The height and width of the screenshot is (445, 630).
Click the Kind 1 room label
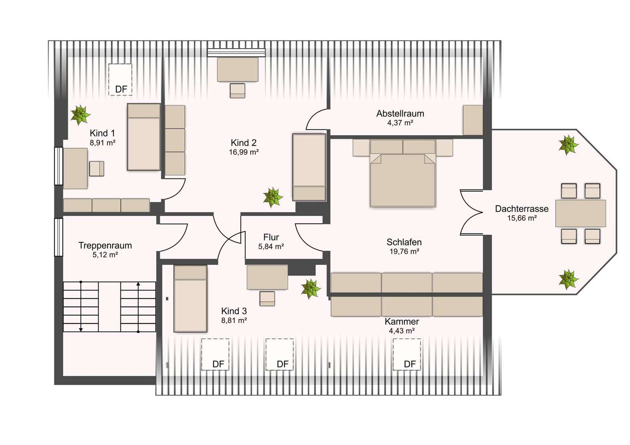(x=102, y=133)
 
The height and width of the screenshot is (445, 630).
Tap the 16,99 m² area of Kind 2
(x=244, y=152)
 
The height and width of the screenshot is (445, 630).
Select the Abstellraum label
(x=400, y=114)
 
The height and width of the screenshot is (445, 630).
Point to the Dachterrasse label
(x=522, y=209)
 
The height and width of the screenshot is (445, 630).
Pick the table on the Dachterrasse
(x=581, y=213)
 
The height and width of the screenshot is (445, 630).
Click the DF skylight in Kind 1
(x=120, y=80)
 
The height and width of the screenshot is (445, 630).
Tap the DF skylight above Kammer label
(x=407, y=354)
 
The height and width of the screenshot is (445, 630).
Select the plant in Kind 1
(x=80, y=115)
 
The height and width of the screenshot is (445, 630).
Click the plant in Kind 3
(x=311, y=289)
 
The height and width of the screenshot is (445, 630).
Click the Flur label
(x=271, y=237)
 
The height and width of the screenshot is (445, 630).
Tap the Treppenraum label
(x=105, y=246)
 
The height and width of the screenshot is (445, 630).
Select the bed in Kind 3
(x=190, y=299)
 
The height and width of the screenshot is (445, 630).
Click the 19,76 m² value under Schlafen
(x=404, y=251)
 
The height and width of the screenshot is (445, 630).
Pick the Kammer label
(x=402, y=321)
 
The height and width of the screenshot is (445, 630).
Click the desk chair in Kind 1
(x=97, y=169)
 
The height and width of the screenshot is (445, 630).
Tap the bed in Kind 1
(x=144, y=137)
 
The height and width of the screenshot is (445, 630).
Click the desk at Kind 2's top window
(x=237, y=70)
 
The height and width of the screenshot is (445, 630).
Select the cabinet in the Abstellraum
(x=473, y=120)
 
